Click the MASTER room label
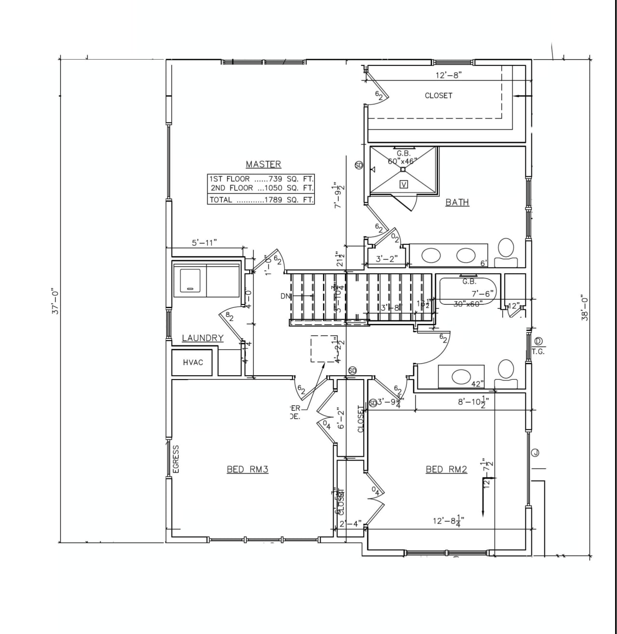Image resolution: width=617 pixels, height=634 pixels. coord(263,164)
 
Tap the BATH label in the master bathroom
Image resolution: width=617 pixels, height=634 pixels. coord(457,202)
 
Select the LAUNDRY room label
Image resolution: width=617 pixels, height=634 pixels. coord(202,338)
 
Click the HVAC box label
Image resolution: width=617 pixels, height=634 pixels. coord(193,362)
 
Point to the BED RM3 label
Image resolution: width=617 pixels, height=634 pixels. coord(247,469)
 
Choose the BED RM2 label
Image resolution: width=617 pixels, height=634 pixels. coord(446,469)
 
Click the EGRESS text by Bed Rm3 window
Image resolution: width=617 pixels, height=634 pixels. coord(176,459)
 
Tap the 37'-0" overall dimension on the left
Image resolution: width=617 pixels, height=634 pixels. coord(55,302)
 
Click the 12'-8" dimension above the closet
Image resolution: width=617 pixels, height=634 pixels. coord(448,75)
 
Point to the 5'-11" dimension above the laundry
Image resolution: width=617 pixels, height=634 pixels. coord(204,242)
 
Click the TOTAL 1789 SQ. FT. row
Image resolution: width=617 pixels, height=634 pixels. coord(261,199)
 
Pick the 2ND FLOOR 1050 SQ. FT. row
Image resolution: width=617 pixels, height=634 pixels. coord(261,188)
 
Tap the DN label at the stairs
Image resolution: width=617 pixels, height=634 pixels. coord(285,296)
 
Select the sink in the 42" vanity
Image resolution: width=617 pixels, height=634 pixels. coord(461,377)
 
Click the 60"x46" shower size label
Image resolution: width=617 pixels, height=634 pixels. coord(402,161)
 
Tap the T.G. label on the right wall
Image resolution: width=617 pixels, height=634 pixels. coord(538,352)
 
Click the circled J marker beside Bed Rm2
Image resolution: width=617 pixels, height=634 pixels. coord(535,452)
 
